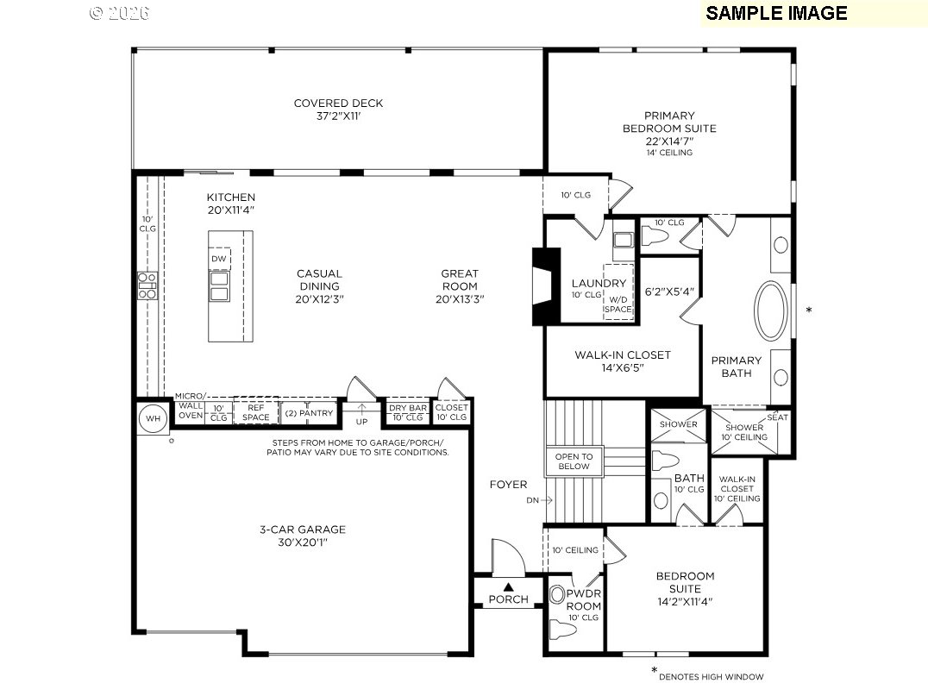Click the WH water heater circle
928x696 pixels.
pyautogui.click(x=153, y=419)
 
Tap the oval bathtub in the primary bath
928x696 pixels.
pyautogui.click(x=771, y=310)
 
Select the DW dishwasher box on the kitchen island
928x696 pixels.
pyautogui.click(x=219, y=259)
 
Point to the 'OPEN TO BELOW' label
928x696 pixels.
pyautogui.click(x=574, y=461)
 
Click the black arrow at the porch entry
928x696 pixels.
pyautogui.click(x=509, y=586)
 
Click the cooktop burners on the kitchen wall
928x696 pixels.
pyautogui.click(x=147, y=285)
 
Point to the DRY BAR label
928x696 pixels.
pyautogui.click(x=408, y=409)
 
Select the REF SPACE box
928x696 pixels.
pyautogui.click(x=256, y=412)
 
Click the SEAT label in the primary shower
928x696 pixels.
pyautogui.click(x=777, y=417)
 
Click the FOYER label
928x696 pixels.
pyautogui.click(x=508, y=485)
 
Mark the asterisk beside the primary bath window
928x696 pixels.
pyautogui.click(x=808, y=310)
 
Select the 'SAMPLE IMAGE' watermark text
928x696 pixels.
pyautogui.click(x=776, y=13)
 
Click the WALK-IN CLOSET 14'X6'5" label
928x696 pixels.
pyautogui.click(x=622, y=361)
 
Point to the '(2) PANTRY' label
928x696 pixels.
pyautogui.click(x=308, y=413)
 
